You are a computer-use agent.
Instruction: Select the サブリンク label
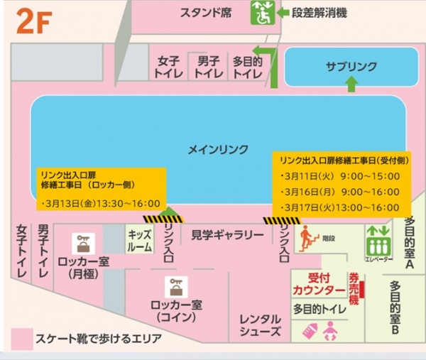351,65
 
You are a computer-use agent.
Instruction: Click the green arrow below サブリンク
351,84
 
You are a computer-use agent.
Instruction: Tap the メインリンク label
218,149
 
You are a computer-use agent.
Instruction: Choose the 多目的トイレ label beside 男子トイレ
248,67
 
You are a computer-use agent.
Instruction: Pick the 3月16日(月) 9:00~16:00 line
339,192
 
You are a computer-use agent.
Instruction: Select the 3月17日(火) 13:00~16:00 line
339,207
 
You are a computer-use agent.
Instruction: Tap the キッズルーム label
139,241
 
